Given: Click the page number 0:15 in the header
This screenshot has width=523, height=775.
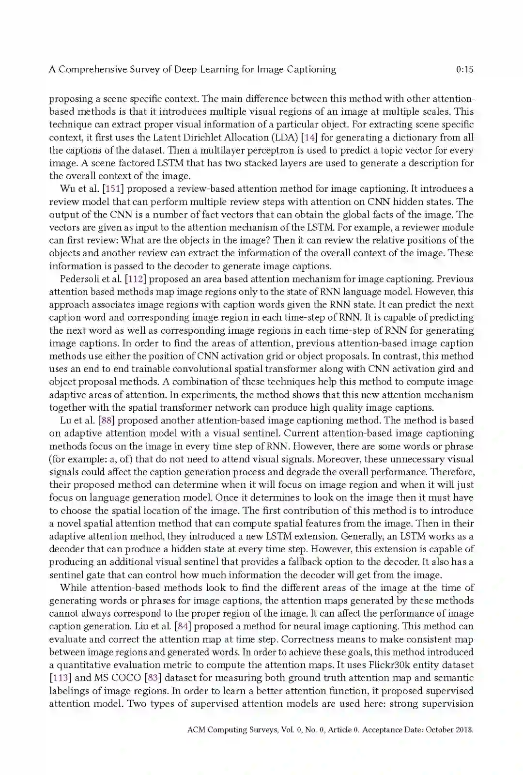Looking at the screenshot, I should pos(464,69).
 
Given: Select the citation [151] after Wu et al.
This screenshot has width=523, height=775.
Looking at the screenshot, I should pos(113,189).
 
